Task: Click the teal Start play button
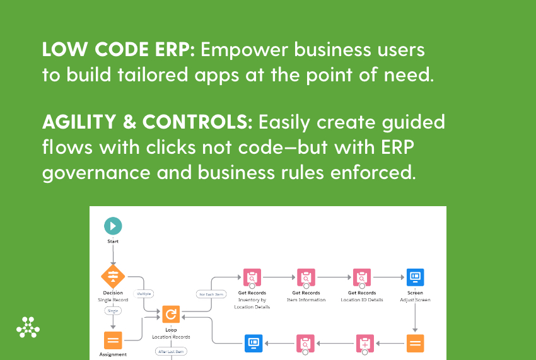tap(113, 226)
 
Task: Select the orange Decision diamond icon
tap(113, 276)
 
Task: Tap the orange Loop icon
tap(171, 314)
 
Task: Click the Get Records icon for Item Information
tap(306, 277)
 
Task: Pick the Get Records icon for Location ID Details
tap(362, 277)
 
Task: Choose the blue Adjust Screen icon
tap(415, 277)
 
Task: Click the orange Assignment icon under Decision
tap(113, 340)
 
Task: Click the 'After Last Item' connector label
tap(171, 351)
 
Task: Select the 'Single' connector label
tap(113, 310)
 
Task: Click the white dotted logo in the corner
tap(28, 327)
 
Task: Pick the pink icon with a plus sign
tap(365, 343)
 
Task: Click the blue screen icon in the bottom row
tap(253, 343)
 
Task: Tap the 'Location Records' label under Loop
tap(171, 337)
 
